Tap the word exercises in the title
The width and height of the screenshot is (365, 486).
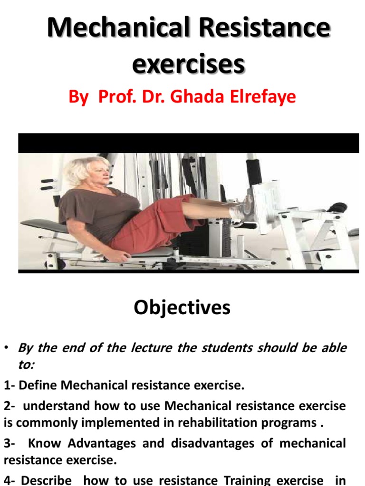pos(188,64)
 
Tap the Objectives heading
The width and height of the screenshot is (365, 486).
pos(182,308)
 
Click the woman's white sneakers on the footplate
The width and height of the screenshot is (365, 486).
pos(242,209)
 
